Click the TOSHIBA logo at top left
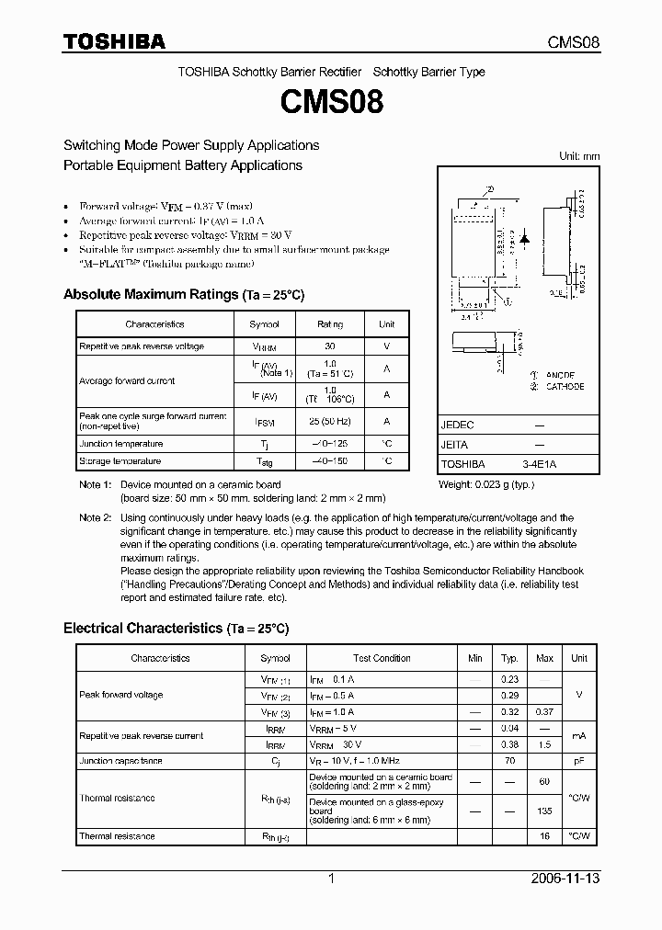114,41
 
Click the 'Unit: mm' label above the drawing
579,156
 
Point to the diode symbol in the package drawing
524,238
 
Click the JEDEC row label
458,425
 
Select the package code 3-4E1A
539,464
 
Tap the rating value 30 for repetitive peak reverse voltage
329,346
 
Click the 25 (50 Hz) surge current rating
329,421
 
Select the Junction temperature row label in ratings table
120,443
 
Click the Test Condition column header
382,658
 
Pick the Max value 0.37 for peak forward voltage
544,711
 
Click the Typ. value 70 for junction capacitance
508,761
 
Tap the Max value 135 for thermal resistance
544,811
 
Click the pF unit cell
578,761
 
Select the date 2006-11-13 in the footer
565,879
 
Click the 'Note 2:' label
95,517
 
